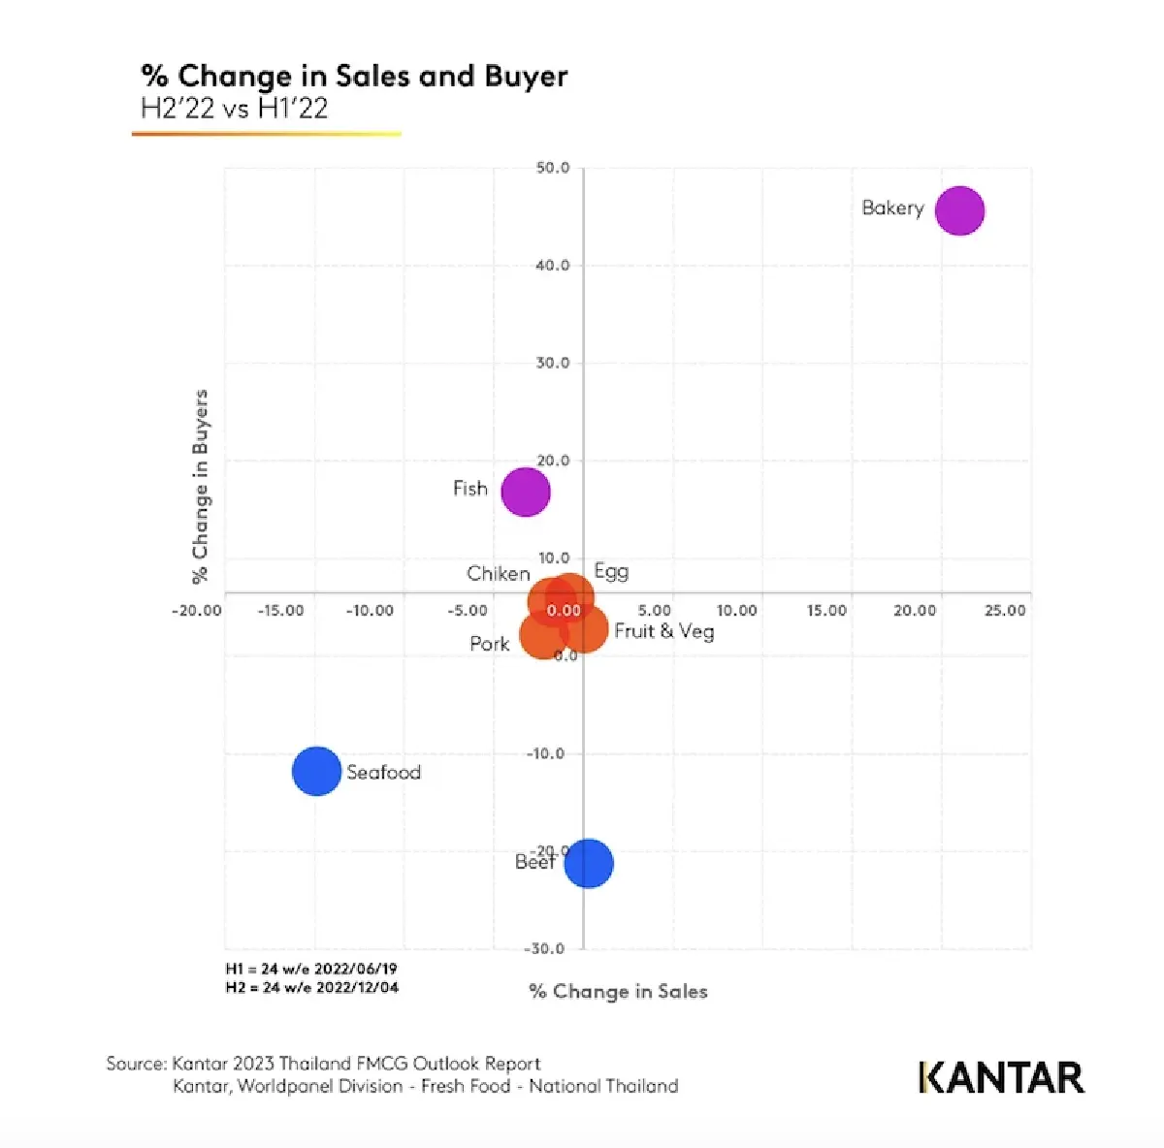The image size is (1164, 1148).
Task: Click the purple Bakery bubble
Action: [959, 210]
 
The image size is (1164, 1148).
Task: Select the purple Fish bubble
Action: [525, 492]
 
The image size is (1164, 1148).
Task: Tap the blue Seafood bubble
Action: [316, 772]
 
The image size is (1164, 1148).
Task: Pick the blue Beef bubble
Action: [589, 863]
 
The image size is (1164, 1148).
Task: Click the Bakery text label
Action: [892, 208]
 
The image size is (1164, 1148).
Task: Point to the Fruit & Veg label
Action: [664, 631]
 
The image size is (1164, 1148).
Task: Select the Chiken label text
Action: [498, 574]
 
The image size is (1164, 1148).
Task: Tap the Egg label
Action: [611, 571]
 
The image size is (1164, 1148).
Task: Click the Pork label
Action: [490, 644]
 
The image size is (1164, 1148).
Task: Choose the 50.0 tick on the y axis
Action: [552, 168]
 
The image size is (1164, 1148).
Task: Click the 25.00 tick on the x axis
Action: [1005, 611]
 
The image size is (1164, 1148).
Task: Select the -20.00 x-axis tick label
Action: [197, 611]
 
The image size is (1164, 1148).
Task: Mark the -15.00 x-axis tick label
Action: [280, 611]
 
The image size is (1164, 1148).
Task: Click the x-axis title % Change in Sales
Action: [618, 991]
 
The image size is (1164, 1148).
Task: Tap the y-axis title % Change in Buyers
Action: [200, 487]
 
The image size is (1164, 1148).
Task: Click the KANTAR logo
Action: [1001, 1077]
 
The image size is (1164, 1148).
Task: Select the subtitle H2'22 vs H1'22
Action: [235, 109]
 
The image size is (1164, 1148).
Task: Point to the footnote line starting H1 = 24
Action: [311, 969]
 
